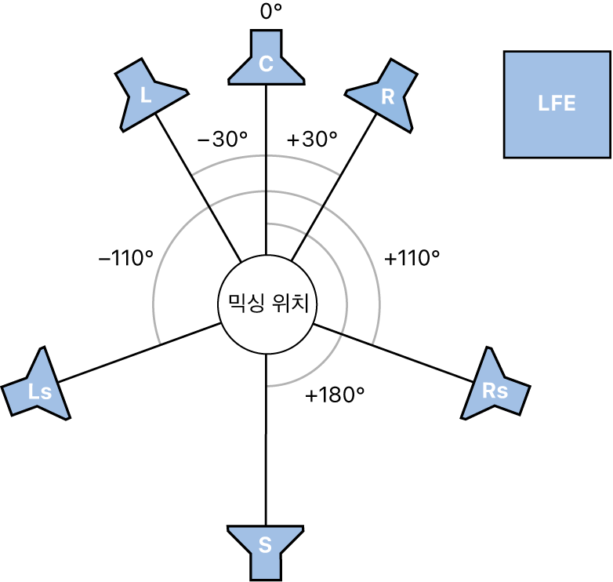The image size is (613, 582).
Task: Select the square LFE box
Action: [x=557, y=104]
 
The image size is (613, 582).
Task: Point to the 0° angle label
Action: [x=271, y=12]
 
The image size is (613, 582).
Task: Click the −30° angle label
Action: [x=223, y=140]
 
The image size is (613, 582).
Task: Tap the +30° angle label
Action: [x=312, y=140]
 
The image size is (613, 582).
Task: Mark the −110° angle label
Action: [x=126, y=258]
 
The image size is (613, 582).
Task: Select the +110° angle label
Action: [x=412, y=258]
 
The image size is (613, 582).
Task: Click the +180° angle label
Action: [x=335, y=395]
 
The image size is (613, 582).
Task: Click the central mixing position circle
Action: [x=267, y=304]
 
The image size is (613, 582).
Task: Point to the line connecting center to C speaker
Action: [x=267, y=169]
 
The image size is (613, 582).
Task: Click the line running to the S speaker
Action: [x=266, y=440]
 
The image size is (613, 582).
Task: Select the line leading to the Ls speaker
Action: [x=140, y=352]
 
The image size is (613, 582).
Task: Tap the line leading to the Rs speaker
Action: [x=394, y=353]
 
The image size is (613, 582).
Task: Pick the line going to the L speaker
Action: [x=198, y=187]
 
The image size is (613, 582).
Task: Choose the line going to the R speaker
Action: [x=334, y=187]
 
